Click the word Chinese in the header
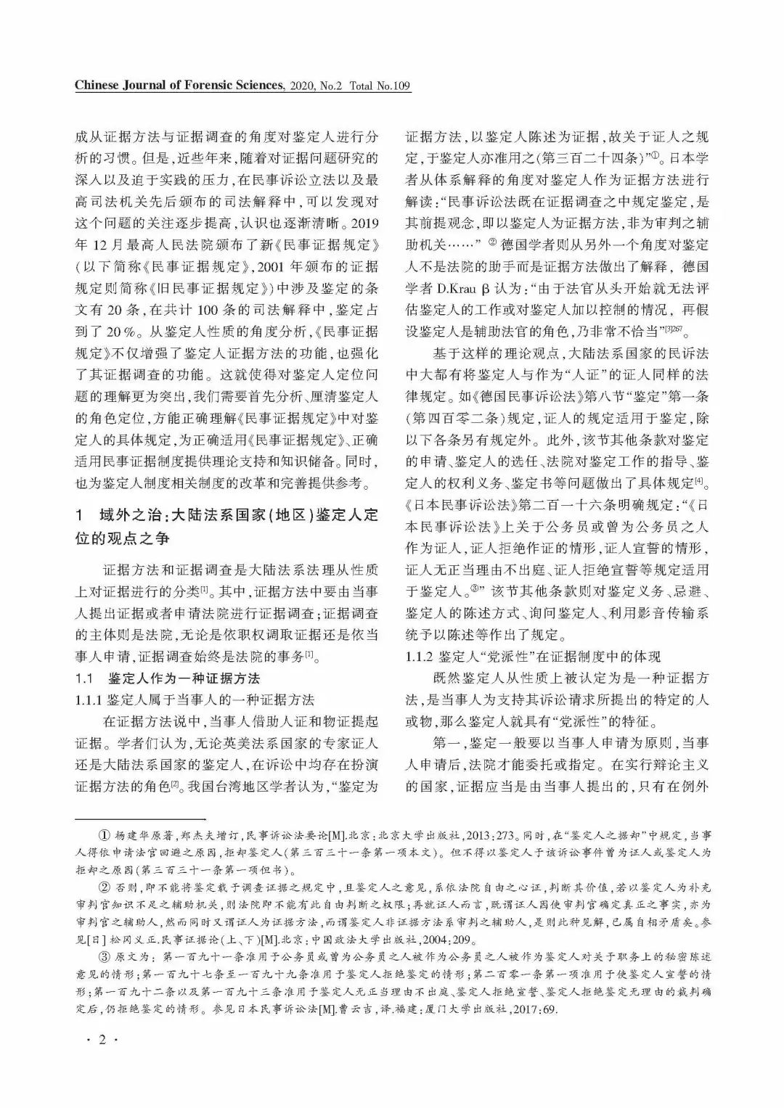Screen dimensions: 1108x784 pos(98,86)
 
